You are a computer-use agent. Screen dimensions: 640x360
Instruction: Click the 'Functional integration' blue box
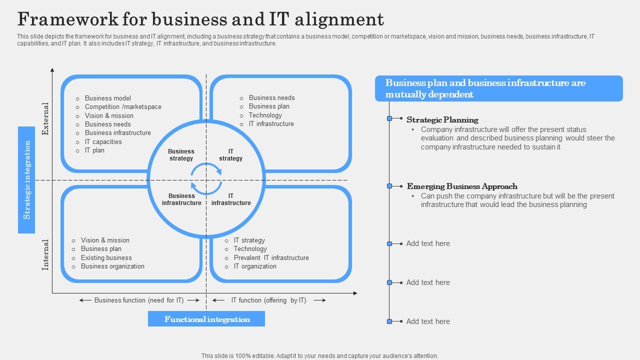click(206, 319)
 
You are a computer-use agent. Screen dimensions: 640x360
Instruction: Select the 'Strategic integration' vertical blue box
click(26, 179)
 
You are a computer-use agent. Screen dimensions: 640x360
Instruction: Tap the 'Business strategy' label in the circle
click(181, 155)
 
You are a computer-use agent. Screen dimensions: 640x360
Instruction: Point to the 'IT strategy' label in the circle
click(230, 155)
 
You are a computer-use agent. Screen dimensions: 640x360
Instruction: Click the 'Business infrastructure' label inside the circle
click(181, 199)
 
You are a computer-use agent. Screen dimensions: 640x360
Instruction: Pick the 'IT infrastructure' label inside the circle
click(231, 199)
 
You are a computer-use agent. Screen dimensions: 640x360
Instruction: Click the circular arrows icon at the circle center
click(206, 178)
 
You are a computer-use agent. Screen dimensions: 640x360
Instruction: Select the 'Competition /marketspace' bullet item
click(123, 107)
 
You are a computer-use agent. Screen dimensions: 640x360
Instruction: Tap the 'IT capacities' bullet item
click(103, 142)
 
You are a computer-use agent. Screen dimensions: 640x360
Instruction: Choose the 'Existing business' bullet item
click(106, 258)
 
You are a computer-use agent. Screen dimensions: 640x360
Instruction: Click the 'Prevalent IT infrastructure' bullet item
click(271, 258)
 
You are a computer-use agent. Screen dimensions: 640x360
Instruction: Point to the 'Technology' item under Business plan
click(265, 115)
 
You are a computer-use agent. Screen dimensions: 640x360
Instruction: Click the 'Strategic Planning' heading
click(442, 120)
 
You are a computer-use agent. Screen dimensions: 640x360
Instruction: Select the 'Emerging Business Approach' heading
click(462, 186)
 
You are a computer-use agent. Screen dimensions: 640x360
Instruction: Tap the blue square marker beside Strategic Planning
click(389, 118)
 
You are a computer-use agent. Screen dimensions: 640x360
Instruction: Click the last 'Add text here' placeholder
click(428, 321)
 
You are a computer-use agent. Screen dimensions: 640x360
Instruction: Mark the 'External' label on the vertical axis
click(45, 119)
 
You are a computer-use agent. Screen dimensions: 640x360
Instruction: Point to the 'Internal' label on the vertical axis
click(45, 254)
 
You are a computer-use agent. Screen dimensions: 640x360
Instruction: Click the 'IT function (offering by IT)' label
click(268, 300)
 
